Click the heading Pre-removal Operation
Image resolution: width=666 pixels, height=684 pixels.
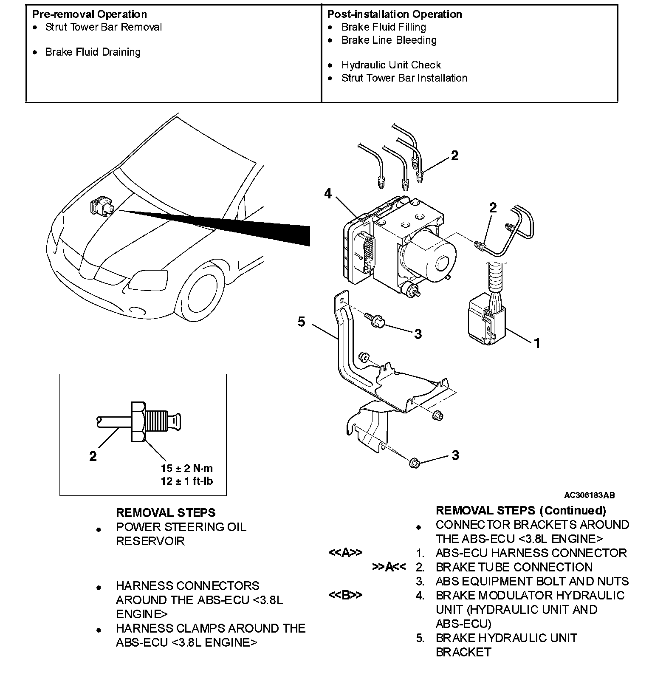point(90,14)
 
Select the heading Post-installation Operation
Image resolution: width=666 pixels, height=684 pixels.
point(394,14)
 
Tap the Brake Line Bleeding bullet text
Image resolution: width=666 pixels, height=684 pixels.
point(389,40)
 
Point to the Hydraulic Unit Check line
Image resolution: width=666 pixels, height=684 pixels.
point(391,65)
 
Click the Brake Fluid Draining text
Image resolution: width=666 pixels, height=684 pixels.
point(93,52)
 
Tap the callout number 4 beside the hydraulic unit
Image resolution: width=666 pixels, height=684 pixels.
point(327,194)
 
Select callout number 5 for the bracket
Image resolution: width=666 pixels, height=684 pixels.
point(301,322)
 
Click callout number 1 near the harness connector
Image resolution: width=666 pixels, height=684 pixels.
point(537,342)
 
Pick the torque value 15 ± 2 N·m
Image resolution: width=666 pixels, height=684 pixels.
point(187,468)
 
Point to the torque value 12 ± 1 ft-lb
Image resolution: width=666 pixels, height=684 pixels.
point(187,481)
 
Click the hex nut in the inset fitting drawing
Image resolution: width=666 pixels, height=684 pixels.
point(139,421)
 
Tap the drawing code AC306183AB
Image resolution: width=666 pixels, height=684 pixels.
point(589,495)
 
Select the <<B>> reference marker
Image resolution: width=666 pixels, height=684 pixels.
point(345,595)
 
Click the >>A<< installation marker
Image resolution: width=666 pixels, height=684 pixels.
point(389,567)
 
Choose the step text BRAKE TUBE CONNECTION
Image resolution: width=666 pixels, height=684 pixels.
point(514,567)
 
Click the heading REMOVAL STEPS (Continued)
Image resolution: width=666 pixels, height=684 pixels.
point(521,510)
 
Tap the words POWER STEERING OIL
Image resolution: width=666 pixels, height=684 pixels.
point(181,527)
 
